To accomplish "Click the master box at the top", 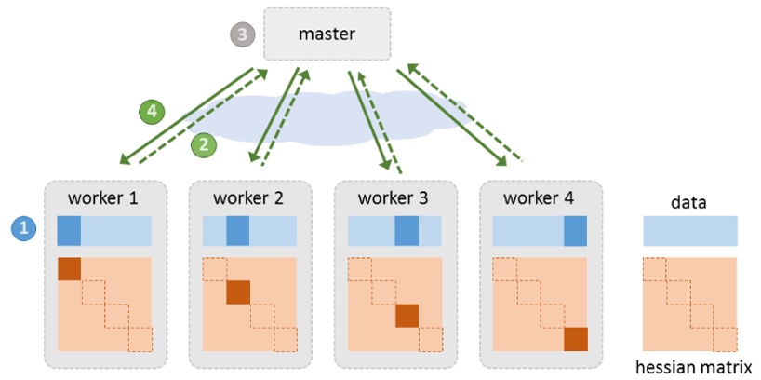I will [326, 35].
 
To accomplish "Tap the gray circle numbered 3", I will [242, 35].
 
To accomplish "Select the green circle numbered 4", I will [152, 112].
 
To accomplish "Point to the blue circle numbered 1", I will [23, 226].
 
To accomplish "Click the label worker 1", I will [105, 198].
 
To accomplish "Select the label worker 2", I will [250, 198].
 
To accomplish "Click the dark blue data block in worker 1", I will [70, 231].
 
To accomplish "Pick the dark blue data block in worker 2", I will [238, 231].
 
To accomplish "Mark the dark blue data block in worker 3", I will [407, 231].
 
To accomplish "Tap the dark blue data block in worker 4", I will [575, 231].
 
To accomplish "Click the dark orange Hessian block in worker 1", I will [70, 269].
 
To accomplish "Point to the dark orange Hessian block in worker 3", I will [407, 316].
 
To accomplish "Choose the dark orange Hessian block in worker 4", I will [575, 339].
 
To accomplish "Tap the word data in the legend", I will [690, 201].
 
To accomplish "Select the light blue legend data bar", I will [690, 231].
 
